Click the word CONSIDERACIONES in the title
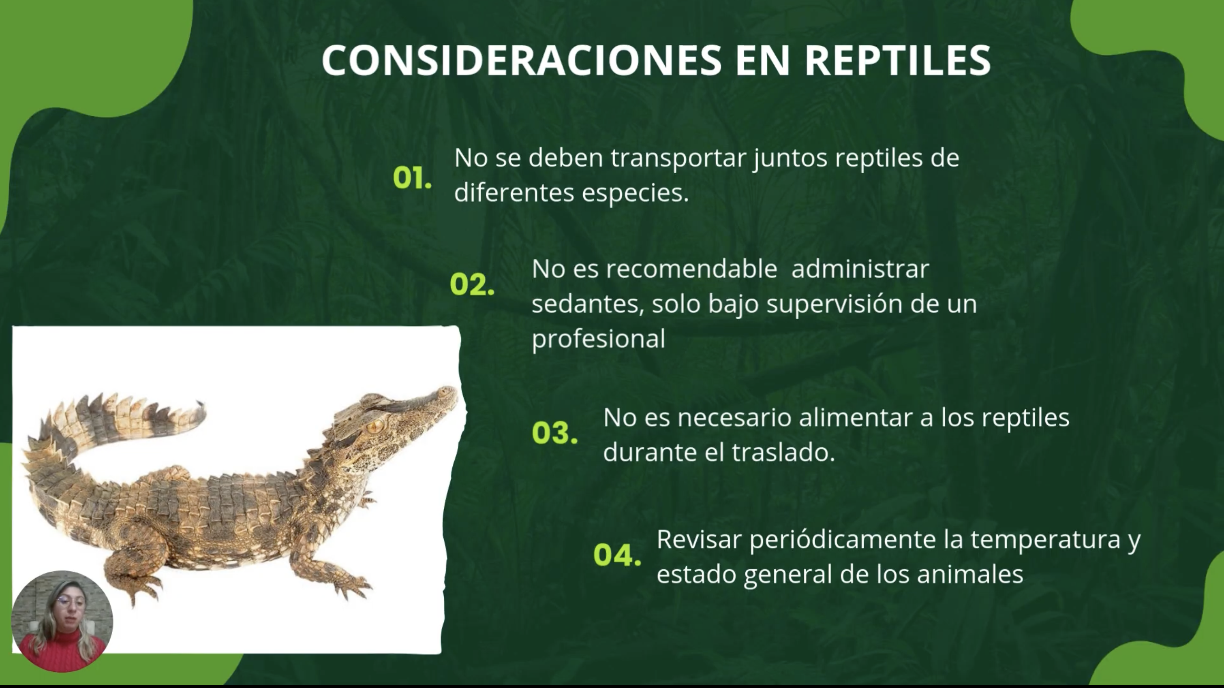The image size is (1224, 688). pyautogui.click(x=522, y=60)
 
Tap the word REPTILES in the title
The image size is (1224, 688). pyautogui.click(x=898, y=60)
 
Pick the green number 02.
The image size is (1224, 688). pyautogui.click(x=472, y=284)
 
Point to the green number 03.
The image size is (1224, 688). pyautogui.click(x=555, y=433)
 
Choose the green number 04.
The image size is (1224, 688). pyautogui.click(x=617, y=554)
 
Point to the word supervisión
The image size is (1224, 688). pyautogui.click(x=835, y=304)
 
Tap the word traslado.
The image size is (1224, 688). pyautogui.click(x=783, y=452)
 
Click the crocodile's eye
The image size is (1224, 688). pyautogui.click(x=375, y=425)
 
